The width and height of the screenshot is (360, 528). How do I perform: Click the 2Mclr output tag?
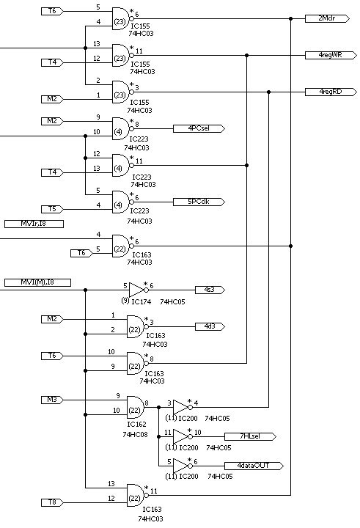[327, 18]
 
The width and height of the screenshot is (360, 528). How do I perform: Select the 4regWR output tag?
[331, 55]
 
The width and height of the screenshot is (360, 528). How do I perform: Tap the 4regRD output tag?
[331, 92]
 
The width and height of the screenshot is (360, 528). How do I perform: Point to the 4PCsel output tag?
[199, 128]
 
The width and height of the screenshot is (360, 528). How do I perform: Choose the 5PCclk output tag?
[199, 202]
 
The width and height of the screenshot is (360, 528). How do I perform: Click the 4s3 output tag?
[210, 290]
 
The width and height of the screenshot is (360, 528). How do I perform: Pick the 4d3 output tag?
[210, 326]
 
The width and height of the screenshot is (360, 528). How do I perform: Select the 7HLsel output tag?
[250, 437]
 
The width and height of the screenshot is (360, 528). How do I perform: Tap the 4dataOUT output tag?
[254, 466]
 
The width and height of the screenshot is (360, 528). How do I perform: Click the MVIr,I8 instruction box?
[34, 224]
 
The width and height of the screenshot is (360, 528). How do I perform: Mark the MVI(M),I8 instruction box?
[37, 282]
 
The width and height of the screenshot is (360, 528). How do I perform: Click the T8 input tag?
[52, 503]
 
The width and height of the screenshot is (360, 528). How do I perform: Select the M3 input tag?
[52, 400]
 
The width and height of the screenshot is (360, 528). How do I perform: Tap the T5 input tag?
[52, 209]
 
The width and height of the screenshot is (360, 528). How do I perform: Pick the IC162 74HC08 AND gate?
[136, 408]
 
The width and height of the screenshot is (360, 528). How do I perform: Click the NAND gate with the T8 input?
[137, 496]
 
